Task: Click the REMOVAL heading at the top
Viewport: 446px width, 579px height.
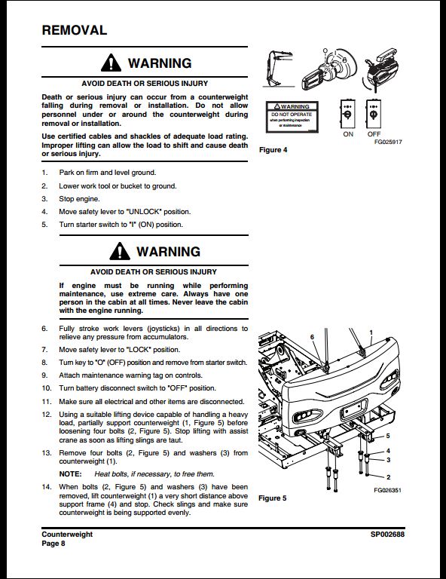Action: tap(74, 30)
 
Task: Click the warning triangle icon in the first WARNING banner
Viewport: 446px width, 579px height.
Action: tap(111, 63)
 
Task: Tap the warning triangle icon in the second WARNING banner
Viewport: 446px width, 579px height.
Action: tap(120, 251)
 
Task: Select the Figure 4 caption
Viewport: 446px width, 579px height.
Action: tap(273, 150)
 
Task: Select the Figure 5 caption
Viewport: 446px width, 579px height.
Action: tap(272, 498)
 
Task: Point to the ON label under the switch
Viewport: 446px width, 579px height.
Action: tap(348, 134)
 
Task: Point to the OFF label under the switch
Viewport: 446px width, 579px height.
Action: tap(374, 134)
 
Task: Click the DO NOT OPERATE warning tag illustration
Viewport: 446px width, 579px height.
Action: tap(292, 117)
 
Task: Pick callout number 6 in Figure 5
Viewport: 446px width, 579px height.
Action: tap(312, 337)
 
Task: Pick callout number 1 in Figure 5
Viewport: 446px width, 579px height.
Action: tap(371, 332)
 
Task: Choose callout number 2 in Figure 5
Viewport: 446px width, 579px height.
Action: tap(388, 477)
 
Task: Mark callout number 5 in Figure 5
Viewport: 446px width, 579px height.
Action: tap(388, 436)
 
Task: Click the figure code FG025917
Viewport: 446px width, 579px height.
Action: tap(388, 142)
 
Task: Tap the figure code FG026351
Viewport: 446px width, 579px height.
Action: tap(387, 490)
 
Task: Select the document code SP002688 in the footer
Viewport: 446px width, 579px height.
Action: tap(387, 535)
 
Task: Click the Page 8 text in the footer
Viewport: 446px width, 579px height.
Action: tap(53, 544)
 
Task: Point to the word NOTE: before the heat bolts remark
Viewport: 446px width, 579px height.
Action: tap(70, 474)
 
